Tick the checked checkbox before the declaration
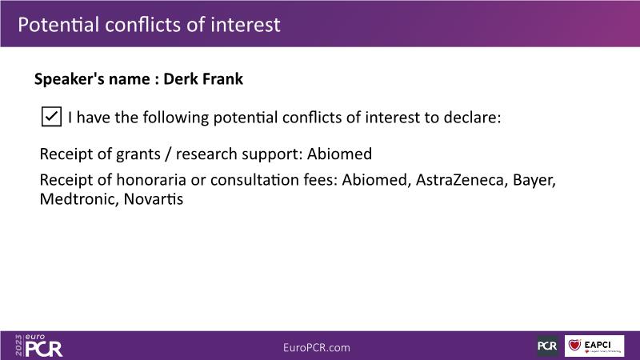(x=51, y=117)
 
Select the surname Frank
(x=223, y=78)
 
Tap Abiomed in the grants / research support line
(x=339, y=154)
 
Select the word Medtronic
(x=78, y=199)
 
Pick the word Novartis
(x=154, y=199)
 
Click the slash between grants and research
(x=168, y=154)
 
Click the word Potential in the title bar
(x=58, y=25)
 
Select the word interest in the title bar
(x=246, y=25)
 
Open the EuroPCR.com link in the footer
(x=317, y=348)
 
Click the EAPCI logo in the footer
(x=594, y=346)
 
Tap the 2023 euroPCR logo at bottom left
(x=38, y=346)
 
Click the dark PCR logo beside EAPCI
(x=547, y=346)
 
